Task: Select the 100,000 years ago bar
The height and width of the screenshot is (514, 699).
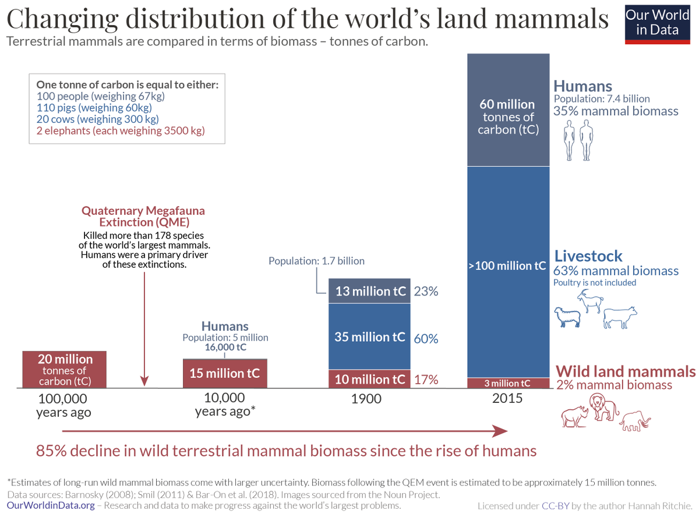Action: coord(65,369)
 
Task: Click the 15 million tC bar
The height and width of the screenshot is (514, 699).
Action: coord(225,373)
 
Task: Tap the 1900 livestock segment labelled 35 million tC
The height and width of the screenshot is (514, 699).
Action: coord(370,337)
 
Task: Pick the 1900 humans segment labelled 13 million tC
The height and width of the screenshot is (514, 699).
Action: coord(370,291)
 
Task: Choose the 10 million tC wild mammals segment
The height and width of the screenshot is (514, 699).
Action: coord(370,380)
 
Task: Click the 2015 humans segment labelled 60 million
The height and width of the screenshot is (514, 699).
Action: coord(509,111)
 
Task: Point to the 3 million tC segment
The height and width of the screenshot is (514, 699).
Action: coord(509,383)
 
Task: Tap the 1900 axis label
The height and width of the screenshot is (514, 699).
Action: coord(366,399)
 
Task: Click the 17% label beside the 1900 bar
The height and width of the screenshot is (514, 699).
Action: coord(426,380)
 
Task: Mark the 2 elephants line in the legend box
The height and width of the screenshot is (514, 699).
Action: coord(121,130)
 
